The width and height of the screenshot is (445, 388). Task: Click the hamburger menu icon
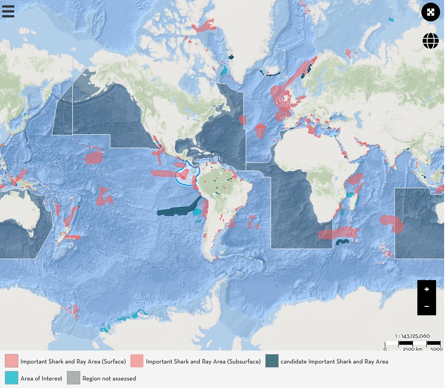tap(8, 11)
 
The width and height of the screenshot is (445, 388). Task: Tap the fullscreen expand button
tap(430, 12)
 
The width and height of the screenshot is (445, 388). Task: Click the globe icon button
tap(430, 41)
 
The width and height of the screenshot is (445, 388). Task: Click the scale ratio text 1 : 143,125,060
tap(412, 336)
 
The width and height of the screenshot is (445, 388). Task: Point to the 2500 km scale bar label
tap(412, 349)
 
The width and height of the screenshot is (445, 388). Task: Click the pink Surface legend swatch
tap(12, 361)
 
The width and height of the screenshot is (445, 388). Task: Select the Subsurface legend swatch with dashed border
tap(137, 361)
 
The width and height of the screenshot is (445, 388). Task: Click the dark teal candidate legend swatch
tap(272, 361)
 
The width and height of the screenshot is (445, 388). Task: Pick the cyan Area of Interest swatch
tap(12, 378)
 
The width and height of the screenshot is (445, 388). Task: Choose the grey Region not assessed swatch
tap(74, 378)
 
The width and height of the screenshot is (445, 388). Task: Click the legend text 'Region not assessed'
tap(109, 378)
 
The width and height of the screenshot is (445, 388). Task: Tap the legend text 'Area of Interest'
tap(41, 378)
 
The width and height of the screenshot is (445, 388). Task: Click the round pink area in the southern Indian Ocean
tap(391, 223)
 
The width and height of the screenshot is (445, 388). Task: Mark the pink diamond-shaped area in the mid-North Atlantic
tap(260, 131)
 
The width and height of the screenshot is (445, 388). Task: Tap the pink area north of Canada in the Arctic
tap(203, 26)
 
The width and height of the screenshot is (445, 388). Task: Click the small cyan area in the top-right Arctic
tap(391, 20)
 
